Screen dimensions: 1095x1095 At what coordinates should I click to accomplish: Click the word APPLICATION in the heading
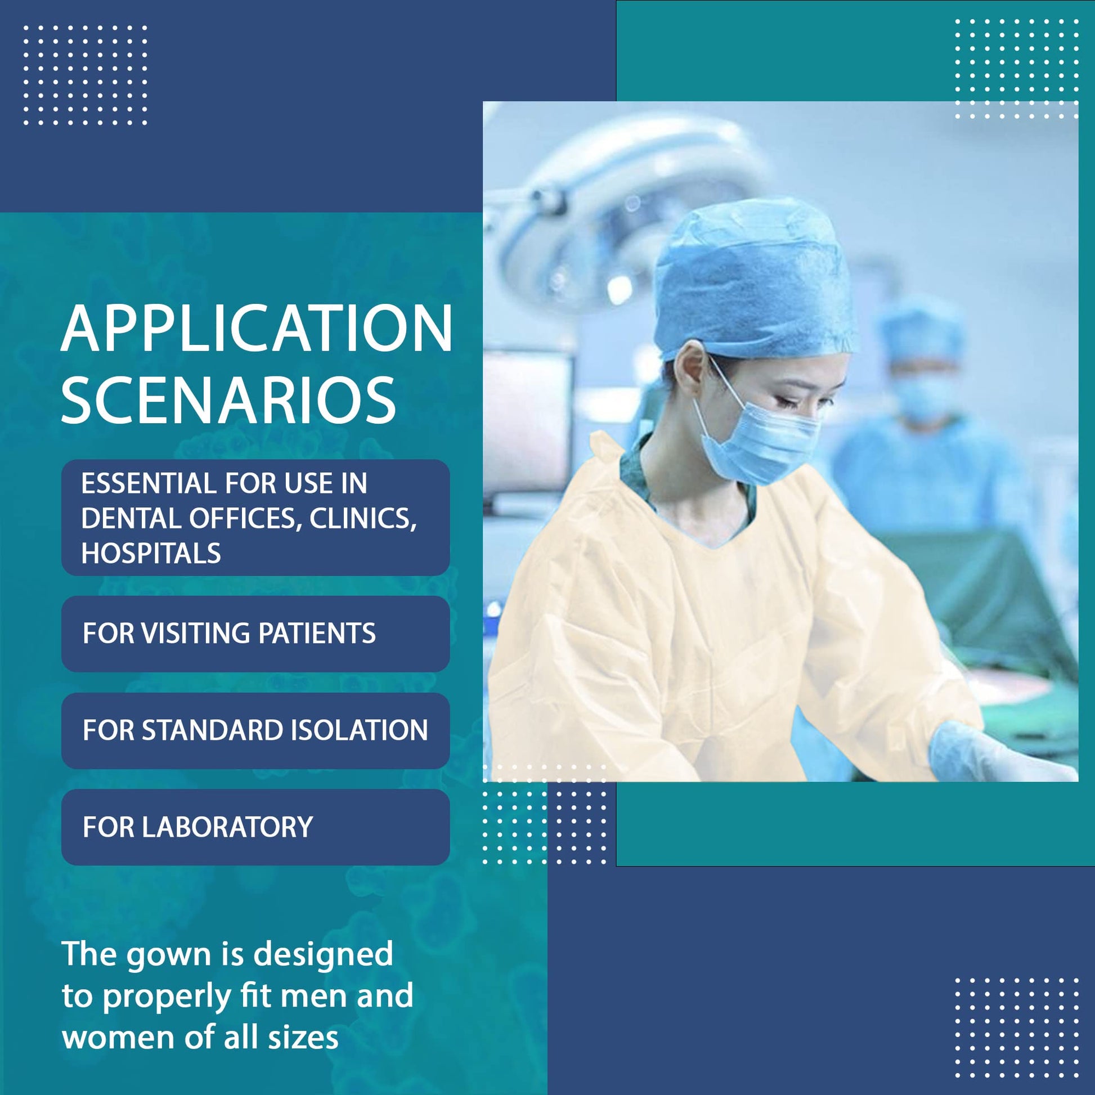click(256, 329)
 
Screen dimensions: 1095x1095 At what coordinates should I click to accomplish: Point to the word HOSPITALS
click(151, 553)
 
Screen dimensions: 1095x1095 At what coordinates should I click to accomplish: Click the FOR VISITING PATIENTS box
click(255, 634)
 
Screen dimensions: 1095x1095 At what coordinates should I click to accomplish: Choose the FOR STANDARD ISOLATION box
click(255, 730)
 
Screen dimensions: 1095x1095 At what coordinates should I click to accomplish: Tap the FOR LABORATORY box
click(255, 827)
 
